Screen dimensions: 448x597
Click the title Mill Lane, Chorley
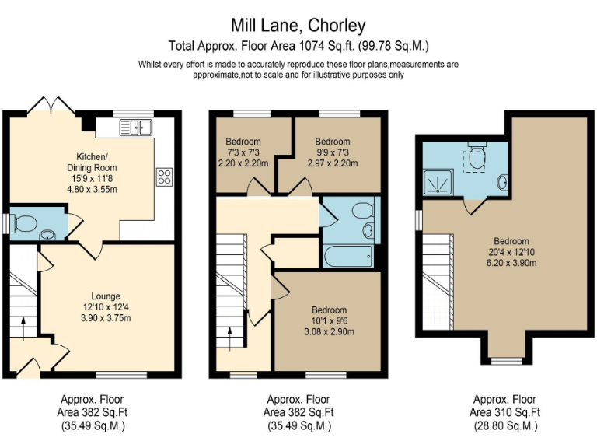coord(298,26)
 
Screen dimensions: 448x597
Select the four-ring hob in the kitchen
coord(164,176)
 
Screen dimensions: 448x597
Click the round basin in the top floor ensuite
coord(502,183)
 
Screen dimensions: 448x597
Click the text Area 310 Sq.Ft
coord(504,411)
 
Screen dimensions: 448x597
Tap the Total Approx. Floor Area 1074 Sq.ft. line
coord(298,45)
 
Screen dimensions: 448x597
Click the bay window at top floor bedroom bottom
coord(505,359)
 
